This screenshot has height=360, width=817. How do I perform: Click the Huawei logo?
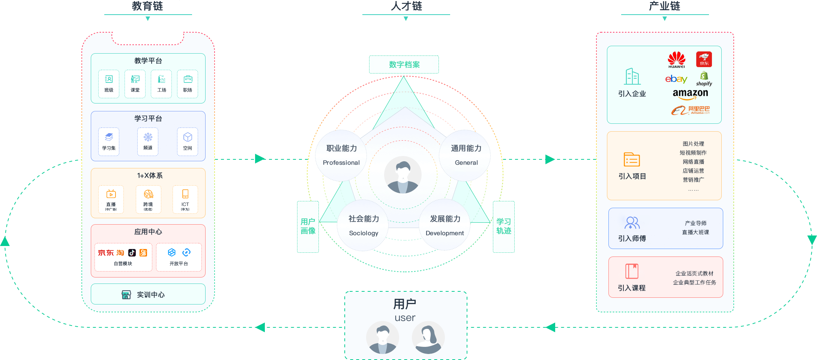676,59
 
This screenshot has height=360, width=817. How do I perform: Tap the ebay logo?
676,79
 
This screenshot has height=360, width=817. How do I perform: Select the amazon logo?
690,94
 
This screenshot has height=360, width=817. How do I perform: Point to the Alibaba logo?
690,110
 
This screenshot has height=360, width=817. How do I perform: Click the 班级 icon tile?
109,84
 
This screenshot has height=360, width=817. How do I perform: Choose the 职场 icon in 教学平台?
188,84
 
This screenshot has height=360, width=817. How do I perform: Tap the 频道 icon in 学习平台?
148,141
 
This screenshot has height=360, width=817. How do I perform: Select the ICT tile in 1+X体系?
185,199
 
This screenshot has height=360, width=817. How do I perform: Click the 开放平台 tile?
179,257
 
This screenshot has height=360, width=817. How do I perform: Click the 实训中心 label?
150,295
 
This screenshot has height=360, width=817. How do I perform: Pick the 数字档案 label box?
404,64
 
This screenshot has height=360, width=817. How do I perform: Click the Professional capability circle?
341,155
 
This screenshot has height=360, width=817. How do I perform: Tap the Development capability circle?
445,225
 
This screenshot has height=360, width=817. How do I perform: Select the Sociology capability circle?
363,225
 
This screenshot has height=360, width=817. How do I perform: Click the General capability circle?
466,155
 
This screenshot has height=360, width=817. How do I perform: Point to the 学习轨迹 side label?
503,226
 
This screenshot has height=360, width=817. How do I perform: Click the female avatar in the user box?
428,337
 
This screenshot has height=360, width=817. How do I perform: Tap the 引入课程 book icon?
632,271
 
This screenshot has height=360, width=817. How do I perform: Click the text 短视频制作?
693,153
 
